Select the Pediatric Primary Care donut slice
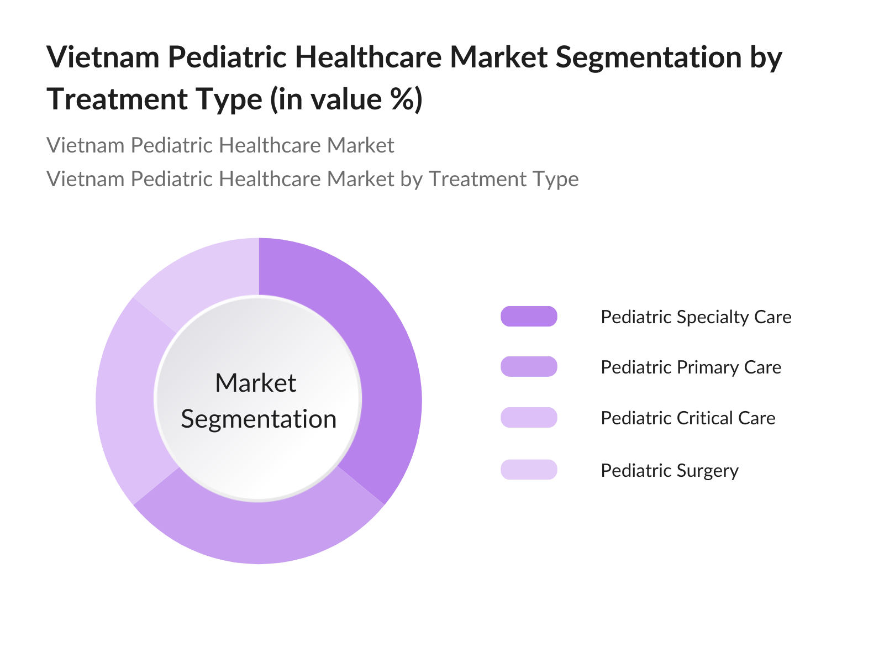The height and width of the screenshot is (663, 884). pos(259,532)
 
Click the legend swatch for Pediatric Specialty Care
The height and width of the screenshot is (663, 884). pos(529,317)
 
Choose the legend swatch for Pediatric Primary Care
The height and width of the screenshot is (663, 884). pos(529,367)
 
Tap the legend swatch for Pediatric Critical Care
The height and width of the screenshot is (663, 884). pos(529,418)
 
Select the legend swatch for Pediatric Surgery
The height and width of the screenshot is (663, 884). pos(529,470)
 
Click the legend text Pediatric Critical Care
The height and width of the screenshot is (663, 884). pos(688,418)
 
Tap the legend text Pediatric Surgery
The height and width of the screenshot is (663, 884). pos(670,471)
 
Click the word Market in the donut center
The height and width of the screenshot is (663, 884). pos(256,382)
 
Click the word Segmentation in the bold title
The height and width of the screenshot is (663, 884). pos(649,57)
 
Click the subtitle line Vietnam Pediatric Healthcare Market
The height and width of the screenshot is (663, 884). pos(220,145)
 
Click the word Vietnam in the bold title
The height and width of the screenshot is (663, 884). pos(103,57)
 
